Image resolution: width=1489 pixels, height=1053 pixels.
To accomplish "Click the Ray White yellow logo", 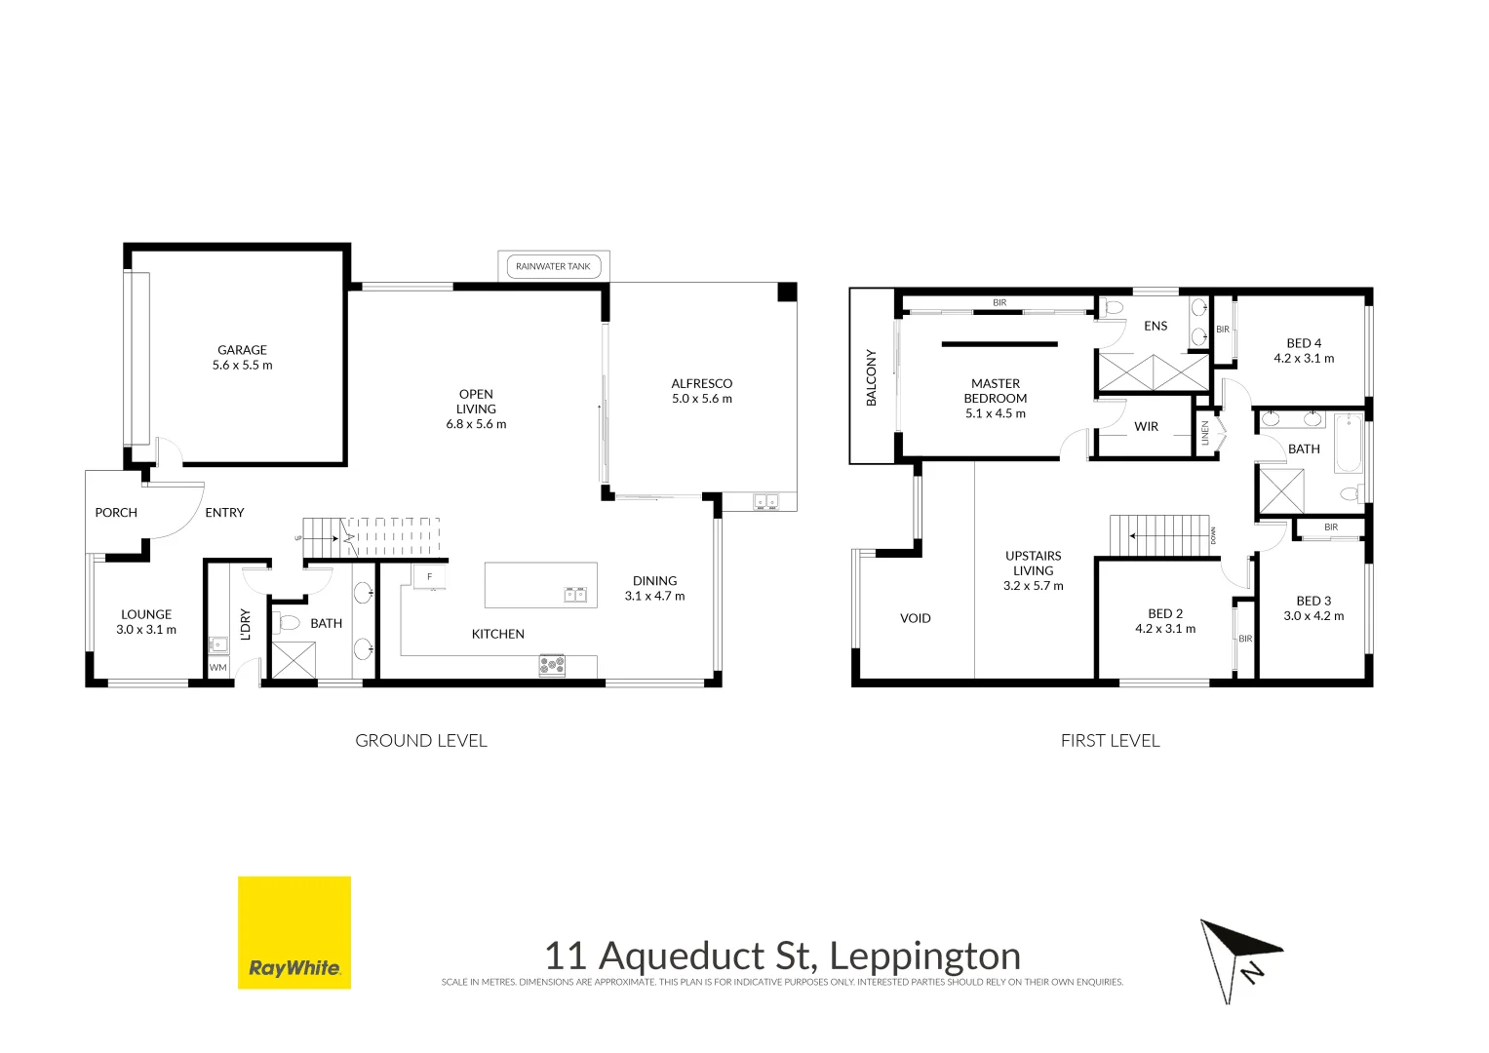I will point(294,932).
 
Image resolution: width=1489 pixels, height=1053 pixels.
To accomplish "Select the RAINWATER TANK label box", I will point(553,266).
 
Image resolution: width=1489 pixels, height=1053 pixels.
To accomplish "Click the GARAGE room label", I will point(242,350).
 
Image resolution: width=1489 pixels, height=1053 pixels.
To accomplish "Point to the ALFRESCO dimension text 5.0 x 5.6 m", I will point(701,399).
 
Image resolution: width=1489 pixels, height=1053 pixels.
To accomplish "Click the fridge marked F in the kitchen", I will point(429,577).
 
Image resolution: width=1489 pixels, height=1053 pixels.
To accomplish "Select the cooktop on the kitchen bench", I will point(552,666).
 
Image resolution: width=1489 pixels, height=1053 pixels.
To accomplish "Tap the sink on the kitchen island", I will point(574,594).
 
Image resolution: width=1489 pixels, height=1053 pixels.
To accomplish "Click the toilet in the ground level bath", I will point(288,622).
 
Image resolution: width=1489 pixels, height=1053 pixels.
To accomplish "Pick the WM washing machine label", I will point(218,668).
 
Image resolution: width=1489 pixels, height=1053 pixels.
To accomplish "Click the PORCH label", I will point(116,513).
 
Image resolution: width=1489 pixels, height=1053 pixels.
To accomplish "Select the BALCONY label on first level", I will point(872,377).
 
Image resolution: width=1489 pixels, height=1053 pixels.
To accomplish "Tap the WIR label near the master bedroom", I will point(1146,427).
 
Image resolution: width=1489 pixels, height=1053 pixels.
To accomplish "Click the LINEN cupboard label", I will point(1205,433).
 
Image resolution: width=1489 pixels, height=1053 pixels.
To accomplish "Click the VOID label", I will point(915,618).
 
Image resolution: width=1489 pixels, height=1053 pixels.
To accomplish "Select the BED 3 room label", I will point(1313,602).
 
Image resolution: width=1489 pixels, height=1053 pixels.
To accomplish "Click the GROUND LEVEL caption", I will point(420,741).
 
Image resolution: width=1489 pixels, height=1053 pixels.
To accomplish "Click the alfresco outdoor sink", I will point(765,502).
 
